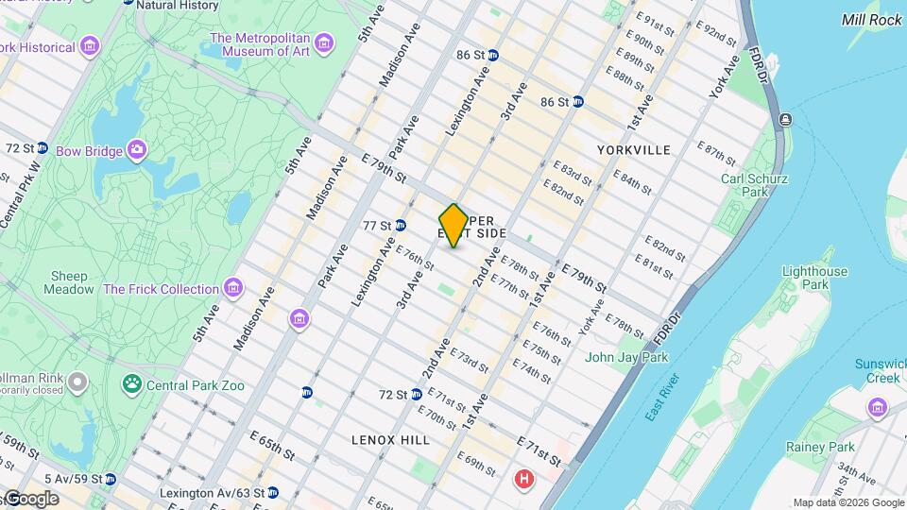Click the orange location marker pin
point(453,225)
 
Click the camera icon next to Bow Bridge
point(137,150)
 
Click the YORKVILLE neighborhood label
point(634,150)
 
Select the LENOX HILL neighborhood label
point(390,440)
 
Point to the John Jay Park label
point(626,358)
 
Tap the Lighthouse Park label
point(814,278)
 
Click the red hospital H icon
point(522,480)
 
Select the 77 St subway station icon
point(400,226)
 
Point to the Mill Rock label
point(872,19)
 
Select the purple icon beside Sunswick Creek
point(878,406)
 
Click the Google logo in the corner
point(30,498)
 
